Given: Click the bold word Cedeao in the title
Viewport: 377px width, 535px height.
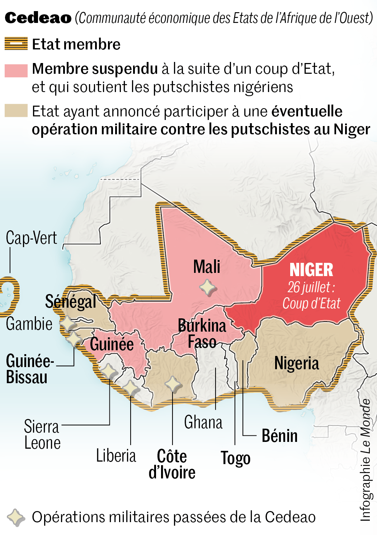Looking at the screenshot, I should [x=38, y=18].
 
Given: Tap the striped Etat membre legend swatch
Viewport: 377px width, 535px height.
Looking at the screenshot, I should [x=16, y=44].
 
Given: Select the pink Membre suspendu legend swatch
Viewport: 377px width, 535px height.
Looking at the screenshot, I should [x=16, y=71].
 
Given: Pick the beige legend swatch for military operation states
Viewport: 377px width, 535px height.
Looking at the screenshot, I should [x=16, y=110].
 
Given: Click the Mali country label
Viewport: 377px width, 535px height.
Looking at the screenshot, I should [x=207, y=267].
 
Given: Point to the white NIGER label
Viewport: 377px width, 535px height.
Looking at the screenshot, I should [x=311, y=270].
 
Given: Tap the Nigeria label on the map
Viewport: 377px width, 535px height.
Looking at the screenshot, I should [x=296, y=363].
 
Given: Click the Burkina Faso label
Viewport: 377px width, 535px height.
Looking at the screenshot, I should [x=202, y=333].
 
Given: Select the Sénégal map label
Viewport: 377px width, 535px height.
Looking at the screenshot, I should [x=71, y=302].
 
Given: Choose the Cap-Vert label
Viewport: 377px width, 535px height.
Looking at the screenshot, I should [x=32, y=238].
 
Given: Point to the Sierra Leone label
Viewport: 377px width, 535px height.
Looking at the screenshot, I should [x=42, y=435].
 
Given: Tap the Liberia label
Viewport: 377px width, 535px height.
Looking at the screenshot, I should [x=116, y=456].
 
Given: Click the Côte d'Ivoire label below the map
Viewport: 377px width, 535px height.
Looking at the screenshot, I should [x=172, y=464].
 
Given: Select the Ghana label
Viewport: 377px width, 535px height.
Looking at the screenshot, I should [x=203, y=422].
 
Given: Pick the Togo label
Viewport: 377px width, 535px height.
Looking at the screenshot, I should [x=235, y=458].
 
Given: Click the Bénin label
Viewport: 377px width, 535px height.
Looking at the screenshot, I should [x=279, y=436].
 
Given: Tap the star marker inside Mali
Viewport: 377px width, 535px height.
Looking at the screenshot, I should [x=208, y=287].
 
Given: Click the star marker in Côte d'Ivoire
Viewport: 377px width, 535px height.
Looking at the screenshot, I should [x=173, y=384].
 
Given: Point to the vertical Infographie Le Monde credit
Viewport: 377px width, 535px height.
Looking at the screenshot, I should [x=366, y=460].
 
